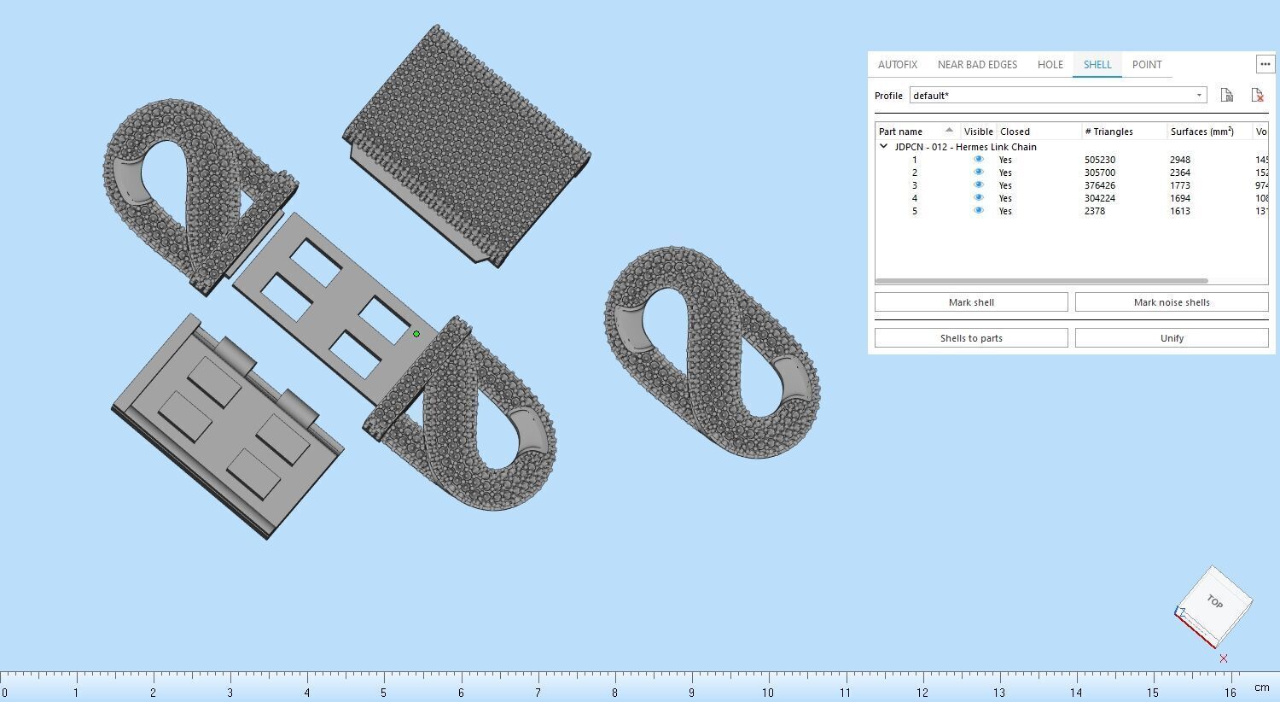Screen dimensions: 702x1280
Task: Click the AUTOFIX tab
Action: click(x=897, y=65)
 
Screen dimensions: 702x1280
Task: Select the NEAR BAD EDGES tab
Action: click(x=977, y=65)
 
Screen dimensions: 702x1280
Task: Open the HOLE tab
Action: click(x=1050, y=65)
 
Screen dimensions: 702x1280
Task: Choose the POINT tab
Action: click(x=1146, y=65)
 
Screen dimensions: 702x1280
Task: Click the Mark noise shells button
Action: click(x=1171, y=302)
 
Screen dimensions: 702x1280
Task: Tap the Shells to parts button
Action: click(x=971, y=338)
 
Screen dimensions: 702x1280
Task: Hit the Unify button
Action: click(x=1171, y=338)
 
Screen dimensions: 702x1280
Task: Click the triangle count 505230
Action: click(x=1100, y=160)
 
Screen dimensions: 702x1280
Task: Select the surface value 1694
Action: click(x=1179, y=198)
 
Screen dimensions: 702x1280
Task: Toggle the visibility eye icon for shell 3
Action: click(x=979, y=185)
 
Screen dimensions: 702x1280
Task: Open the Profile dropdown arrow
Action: click(x=1199, y=96)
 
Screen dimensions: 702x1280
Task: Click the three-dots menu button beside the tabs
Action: click(x=1265, y=64)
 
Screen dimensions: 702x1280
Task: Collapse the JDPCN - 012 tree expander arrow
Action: click(x=884, y=147)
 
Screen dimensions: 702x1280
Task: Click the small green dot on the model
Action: click(x=416, y=334)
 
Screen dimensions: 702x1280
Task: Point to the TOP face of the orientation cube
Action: click(x=1214, y=602)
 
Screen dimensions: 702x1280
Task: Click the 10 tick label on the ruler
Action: click(x=768, y=693)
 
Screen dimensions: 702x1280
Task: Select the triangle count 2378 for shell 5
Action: click(x=1095, y=211)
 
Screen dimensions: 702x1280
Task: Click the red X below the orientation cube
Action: click(x=1224, y=658)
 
